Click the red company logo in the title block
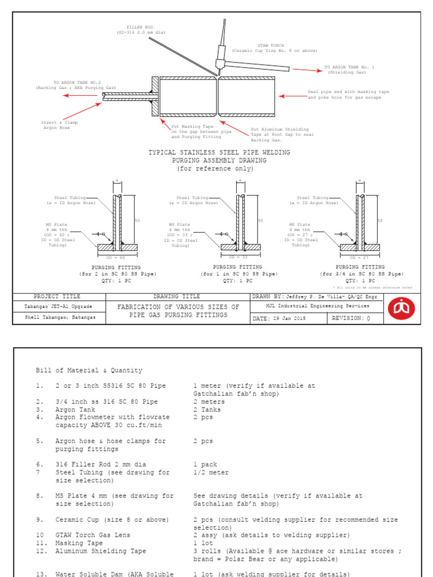coord(401,308)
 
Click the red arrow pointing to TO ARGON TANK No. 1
coord(307,70)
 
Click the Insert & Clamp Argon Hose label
coord(59,125)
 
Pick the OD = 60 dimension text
coord(116,257)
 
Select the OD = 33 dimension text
coord(237,257)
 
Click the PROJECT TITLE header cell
coord(57,296)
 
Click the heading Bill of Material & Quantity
coord(89,370)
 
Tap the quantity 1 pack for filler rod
coord(205,465)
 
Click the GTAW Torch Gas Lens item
coord(92,535)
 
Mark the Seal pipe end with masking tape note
coord(348,95)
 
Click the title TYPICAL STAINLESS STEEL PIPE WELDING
coord(219,152)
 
